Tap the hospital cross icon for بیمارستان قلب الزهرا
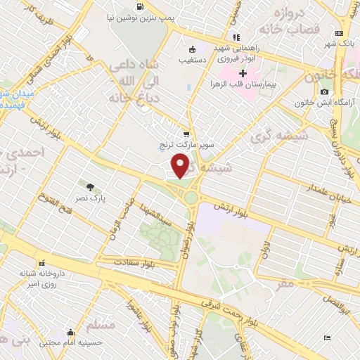pyautogui.click(x=243, y=73)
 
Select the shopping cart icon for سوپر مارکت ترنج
pyautogui.click(x=186, y=134)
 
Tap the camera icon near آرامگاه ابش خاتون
pyautogui.click(x=324, y=91)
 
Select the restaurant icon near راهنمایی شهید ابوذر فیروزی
pyautogui.click(x=236, y=37)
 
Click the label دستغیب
pyautogui.click(x=191, y=60)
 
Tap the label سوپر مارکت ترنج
pyautogui.click(x=186, y=146)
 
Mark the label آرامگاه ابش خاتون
pyautogui.click(x=324, y=103)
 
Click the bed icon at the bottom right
pyautogui.click(x=327, y=338)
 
